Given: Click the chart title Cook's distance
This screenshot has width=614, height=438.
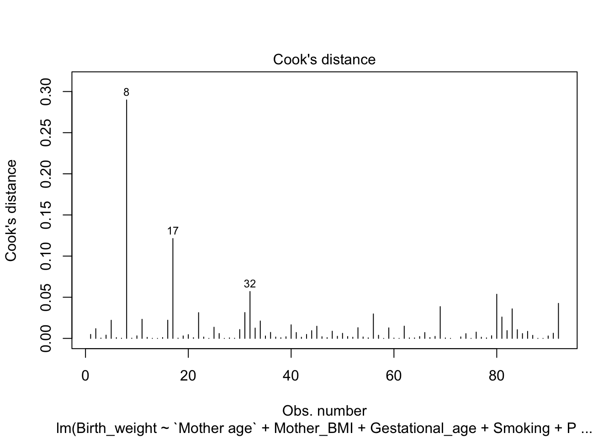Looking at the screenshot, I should click(x=324, y=60).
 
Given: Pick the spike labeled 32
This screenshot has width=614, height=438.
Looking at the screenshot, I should click(x=250, y=315).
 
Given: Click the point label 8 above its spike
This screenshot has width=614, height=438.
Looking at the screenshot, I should click(x=127, y=93).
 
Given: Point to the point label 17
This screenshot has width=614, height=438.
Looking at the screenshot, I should click(x=173, y=231).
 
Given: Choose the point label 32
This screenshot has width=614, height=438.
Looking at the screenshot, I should click(x=250, y=284).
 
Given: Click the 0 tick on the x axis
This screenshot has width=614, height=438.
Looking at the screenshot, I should click(x=85, y=376).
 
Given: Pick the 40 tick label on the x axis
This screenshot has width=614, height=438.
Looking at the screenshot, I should click(x=291, y=376).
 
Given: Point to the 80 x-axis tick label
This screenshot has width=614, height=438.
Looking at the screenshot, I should click(x=497, y=376).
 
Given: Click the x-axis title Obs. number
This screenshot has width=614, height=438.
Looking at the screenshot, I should click(x=324, y=411).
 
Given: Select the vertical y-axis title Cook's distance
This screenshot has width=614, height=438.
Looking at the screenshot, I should click(x=11, y=210).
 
